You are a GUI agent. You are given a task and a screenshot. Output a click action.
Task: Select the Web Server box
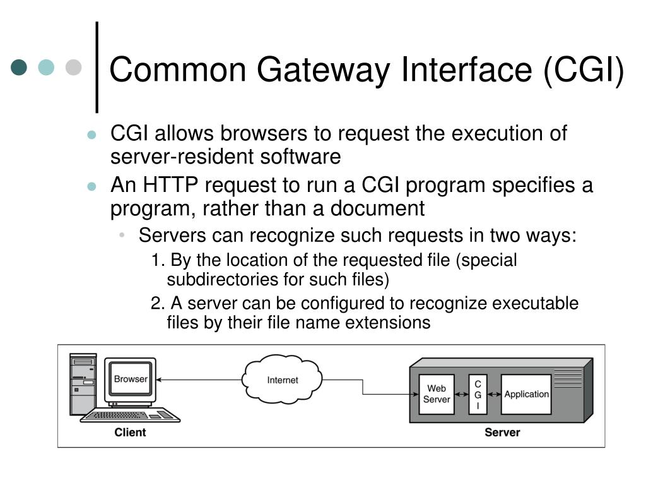click(437, 394)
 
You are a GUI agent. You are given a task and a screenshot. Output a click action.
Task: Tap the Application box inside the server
click(526, 394)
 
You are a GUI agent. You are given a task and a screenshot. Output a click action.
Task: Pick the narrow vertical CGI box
click(478, 395)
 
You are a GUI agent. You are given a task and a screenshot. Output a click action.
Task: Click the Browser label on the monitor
click(131, 379)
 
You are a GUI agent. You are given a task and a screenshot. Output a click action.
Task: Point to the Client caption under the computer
click(130, 433)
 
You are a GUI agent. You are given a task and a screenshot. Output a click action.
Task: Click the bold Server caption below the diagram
click(502, 433)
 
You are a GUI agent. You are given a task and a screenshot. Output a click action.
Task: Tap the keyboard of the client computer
click(129, 415)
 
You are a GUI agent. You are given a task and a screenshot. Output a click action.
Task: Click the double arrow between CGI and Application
click(494, 395)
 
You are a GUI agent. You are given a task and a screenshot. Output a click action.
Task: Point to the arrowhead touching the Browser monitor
click(159, 380)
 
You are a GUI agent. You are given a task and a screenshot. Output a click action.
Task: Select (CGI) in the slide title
click(584, 69)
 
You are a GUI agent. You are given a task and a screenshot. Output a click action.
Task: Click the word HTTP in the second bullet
click(170, 186)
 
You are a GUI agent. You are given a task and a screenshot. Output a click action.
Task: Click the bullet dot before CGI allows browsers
click(91, 135)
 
